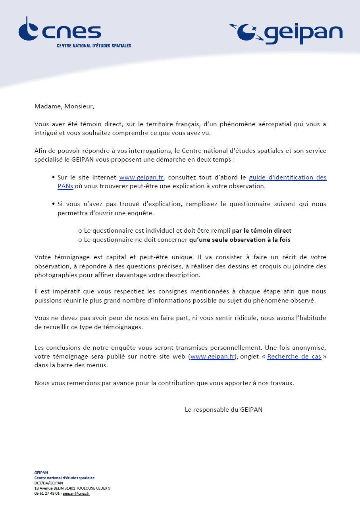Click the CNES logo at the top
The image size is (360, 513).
(60, 31)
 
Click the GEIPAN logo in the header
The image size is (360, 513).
(286, 33)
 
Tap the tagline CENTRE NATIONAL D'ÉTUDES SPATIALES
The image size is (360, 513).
(94, 46)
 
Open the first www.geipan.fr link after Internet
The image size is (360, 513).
(141, 177)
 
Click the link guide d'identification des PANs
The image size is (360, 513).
(287, 177)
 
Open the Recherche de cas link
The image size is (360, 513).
(294, 357)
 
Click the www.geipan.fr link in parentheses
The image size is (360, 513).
(213, 357)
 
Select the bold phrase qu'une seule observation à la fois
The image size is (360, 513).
(243, 240)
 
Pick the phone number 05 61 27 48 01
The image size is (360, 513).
(47, 493)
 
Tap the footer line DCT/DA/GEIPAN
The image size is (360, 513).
(48, 483)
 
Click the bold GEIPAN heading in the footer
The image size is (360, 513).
(41, 472)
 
